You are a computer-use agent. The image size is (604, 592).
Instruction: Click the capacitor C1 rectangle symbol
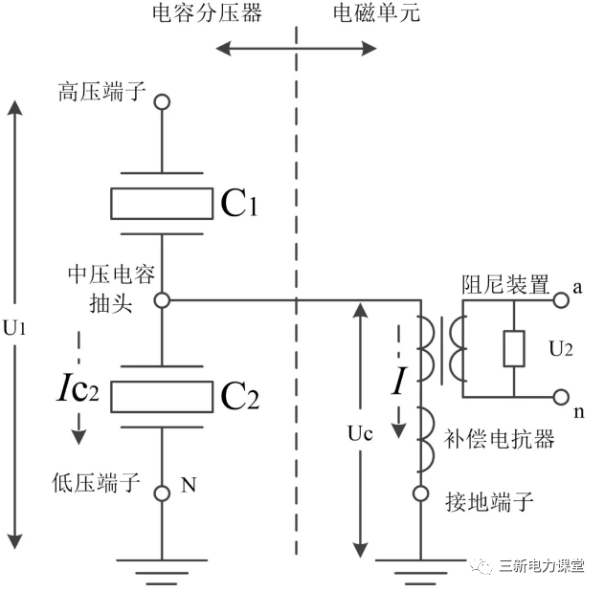coord(160,203)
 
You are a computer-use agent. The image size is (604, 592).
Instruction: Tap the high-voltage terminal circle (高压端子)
coord(163,101)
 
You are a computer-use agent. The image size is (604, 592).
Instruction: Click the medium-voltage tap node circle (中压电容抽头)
coord(163,300)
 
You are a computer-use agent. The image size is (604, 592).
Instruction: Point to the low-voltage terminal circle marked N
coord(163,492)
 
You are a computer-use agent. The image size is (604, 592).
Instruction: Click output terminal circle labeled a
coord(562,300)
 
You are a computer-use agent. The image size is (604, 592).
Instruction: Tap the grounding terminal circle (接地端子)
coord(419,494)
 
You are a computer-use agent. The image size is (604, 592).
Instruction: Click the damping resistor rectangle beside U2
coord(514,349)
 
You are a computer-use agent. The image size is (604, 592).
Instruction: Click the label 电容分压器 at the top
coord(207,13)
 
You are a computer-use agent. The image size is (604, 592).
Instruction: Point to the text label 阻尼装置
coord(517,284)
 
